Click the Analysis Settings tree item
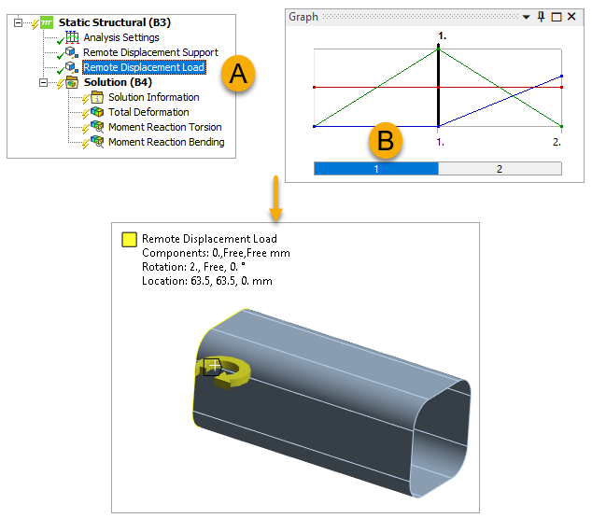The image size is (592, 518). [121, 37]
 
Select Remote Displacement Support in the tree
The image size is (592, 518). [150, 52]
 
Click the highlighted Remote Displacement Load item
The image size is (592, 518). [144, 67]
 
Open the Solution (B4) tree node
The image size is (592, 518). [118, 82]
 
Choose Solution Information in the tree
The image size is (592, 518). [154, 97]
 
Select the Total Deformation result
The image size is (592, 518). [148, 112]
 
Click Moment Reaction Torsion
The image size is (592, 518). [165, 127]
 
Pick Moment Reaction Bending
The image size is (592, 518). [166, 142]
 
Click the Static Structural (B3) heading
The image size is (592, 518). [115, 22]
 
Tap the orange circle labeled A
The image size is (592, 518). [238, 74]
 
